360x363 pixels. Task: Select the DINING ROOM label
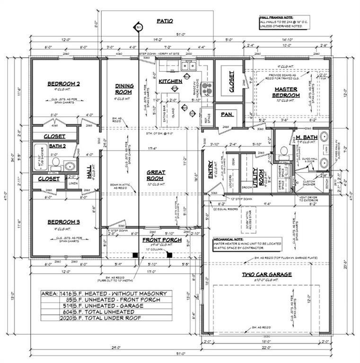(124, 89)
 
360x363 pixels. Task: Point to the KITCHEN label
(170, 81)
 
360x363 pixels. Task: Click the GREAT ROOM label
(156, 176)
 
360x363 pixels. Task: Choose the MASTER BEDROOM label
(285, 92)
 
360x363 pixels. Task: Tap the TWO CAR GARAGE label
(267, 274)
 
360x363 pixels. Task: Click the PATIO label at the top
(165, 21)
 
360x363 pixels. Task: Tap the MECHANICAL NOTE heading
(230, 240)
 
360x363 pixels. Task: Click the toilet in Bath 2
(55, 163)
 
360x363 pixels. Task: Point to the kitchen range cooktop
(206, 87)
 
